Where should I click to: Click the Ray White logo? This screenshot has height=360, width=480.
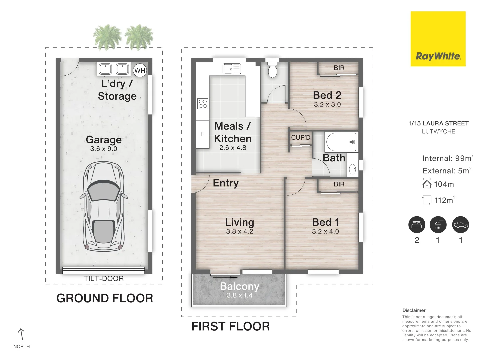click(438, 39)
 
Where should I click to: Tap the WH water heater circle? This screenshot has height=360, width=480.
click(140, 70)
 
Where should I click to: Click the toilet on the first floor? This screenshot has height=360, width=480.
click(272, 68)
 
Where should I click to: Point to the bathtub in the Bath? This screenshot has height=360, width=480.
click(341, 142)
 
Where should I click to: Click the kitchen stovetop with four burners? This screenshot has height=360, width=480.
click(203, 104)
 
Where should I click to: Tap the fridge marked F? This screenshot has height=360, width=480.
click(202, 134)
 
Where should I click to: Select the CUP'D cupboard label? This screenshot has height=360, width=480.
click(301, 137)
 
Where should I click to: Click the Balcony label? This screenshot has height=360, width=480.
click(239, 286)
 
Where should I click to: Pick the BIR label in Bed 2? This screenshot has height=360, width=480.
click(339, 68)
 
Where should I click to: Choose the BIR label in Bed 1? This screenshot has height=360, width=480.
click(339, 184)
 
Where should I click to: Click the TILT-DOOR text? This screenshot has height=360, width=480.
click(104, 278)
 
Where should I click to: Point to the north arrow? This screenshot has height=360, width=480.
click(21, 334)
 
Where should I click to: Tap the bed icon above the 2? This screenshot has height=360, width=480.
click(417, 225)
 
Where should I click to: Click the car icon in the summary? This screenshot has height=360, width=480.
click(461, 225)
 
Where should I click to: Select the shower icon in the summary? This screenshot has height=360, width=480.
click(438, 225)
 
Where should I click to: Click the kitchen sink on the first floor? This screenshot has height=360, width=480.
click(232, 69)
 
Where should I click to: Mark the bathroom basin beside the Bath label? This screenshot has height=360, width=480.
click(352, 169)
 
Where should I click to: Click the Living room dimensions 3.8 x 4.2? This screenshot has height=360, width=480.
click(239, 231)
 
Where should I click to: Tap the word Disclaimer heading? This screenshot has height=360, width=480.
click(414, 310)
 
